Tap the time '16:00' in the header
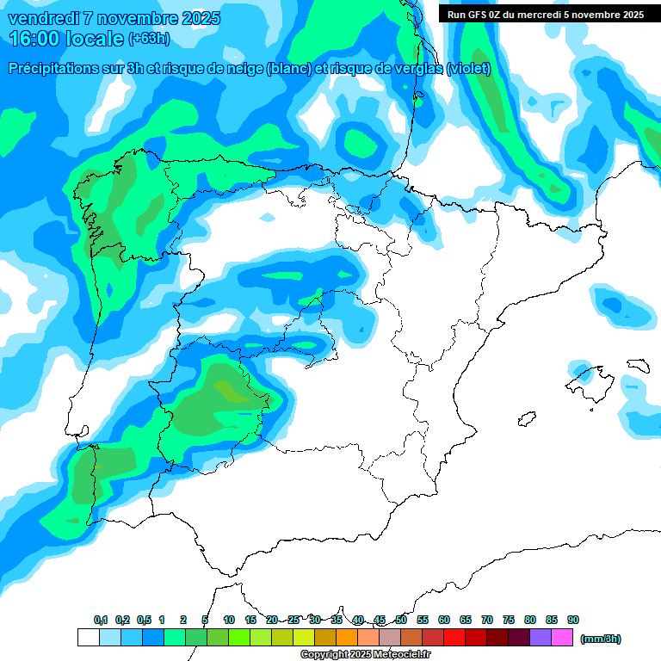(x=40, y=39)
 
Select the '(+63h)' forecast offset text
(x=150, y=39)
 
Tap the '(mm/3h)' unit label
(x=600, y=639)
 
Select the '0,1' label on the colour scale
(x=100, y=620)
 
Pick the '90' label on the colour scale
(x=573, y=620)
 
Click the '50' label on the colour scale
(x=401, y=620)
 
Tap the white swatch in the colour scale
(x=88, y=638)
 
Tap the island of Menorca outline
(x=637, y=365)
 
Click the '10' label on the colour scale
(x=229, y=620)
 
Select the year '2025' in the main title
(x=195, y=18)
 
